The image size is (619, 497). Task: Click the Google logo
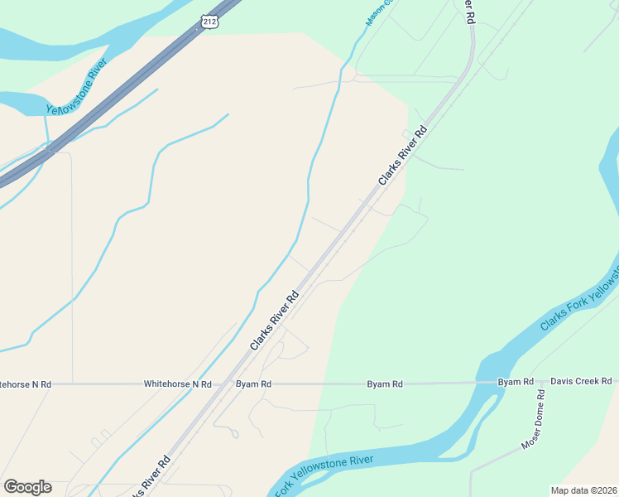point(27,487)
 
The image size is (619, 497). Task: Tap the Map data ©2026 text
point(583,490)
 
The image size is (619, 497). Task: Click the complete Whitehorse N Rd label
point(177,384)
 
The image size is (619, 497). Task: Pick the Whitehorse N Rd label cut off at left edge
point(26,384)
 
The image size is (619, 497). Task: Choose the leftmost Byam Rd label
point(253,384)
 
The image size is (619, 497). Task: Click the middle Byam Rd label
point(385,384)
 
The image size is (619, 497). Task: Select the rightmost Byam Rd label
point(516,382)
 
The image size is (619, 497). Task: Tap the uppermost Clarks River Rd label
point(402,155)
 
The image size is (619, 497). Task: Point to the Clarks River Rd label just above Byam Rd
point(273,319)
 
